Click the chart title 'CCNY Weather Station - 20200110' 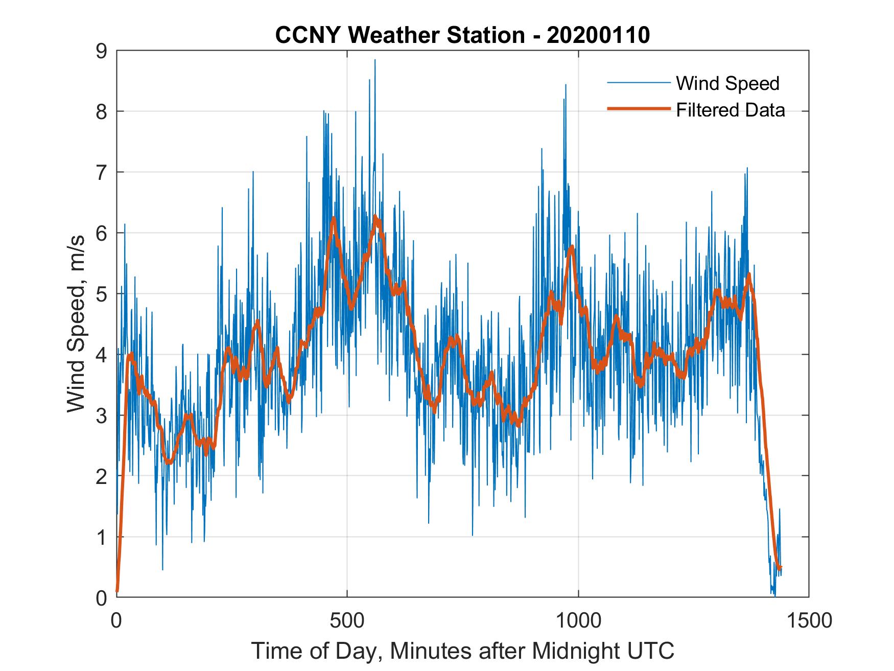[462, 35]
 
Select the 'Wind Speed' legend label [727, 83]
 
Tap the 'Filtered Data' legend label [730, 110]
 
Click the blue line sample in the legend [638, 83]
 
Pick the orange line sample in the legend [638, 109]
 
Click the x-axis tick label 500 [347, 620]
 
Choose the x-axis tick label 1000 [578, 620]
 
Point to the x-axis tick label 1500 [809, 620]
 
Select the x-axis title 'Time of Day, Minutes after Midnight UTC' [463, 651]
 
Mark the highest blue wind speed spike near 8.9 [375, 61]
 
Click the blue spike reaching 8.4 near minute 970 [566, 85]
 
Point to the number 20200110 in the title [598, 35]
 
